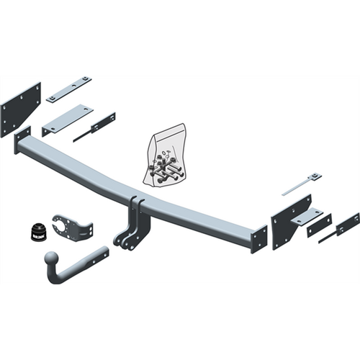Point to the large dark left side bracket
(x=20, y=108)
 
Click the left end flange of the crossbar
(x=22, y=139)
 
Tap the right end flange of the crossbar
(x=259, y=238)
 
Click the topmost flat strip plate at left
(x=69, y=89)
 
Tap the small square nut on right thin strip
(x=315, y=176)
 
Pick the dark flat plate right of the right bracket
(x=319, y=225)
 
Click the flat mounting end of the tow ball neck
(x=97, y=255)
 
